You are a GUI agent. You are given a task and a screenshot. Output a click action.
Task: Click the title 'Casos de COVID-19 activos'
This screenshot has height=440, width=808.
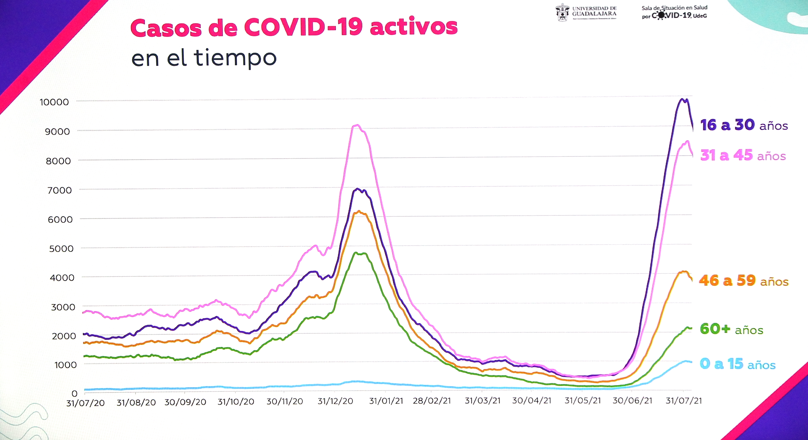(x=294, y=28)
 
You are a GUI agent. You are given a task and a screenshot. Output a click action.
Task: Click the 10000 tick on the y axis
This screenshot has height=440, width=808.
(x=54, y=102)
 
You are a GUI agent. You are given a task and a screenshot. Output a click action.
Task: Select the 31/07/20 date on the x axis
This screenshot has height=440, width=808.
(x=85, y=403)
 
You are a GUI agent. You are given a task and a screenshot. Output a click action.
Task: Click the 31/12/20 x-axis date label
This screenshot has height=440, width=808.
(x=335, y=401)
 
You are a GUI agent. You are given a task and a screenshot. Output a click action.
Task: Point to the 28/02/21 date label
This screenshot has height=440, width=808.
(x=432, y=401)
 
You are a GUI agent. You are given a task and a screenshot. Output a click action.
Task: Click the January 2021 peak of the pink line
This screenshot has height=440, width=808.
(x=357, y=125)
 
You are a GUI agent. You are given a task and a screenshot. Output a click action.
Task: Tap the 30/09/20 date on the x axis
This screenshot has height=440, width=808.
(x=185, y=402)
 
